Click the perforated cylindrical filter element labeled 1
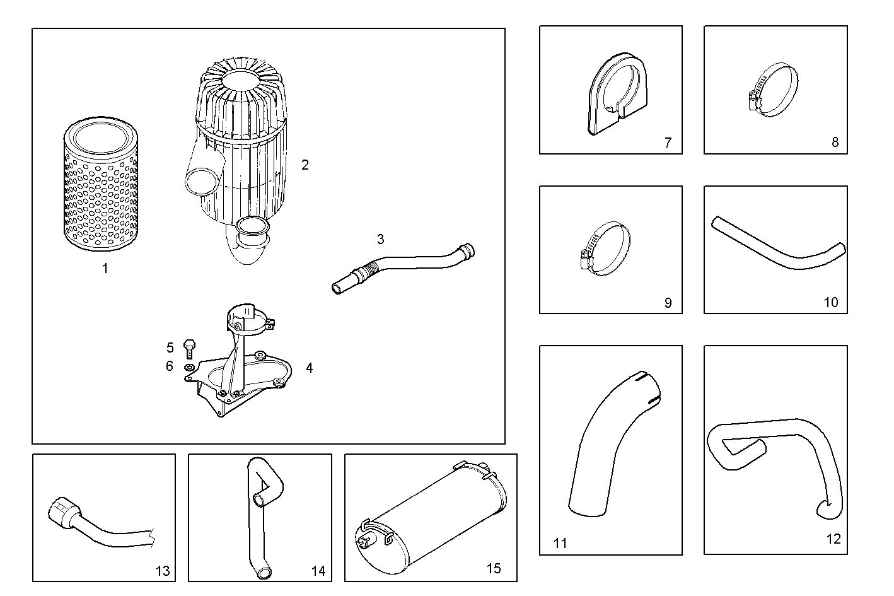point(100,187)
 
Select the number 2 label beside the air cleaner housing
point(305,165)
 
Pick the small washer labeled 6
point(189,367)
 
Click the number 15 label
point(494,568)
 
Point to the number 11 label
point(560,543)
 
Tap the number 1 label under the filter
point(105,268)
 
